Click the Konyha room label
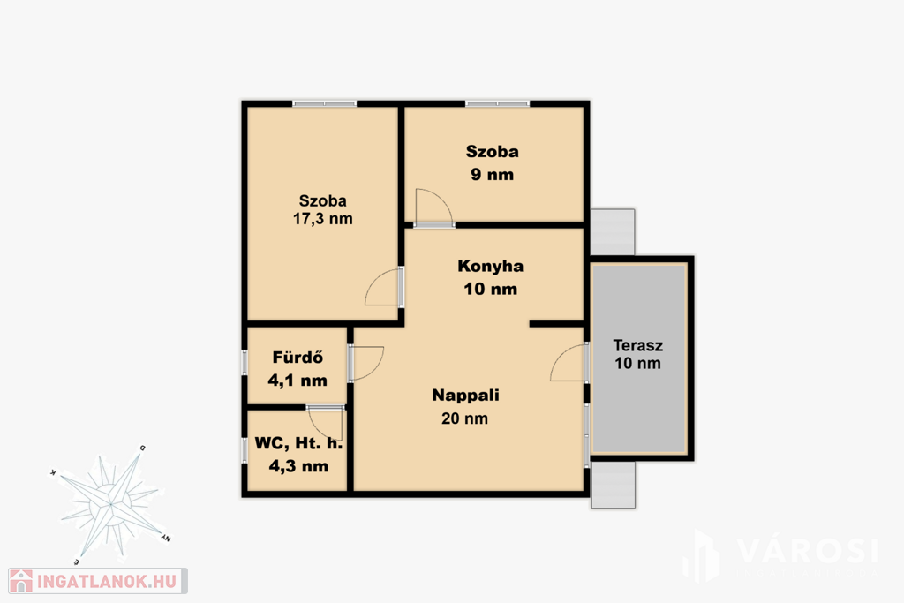tap(491, 267)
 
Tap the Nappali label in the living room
tap(465, 396)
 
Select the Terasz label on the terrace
tap(637, 345)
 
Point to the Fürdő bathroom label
tap(298, 358)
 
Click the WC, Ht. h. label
tap(298, 443)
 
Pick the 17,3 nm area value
tap(323, 219)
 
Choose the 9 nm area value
tap(492, 175)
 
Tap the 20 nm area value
tap(464, 418)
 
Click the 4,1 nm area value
tap(298, 381)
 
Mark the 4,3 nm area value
tap(298, 466)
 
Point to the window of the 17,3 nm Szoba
tap(325, 104)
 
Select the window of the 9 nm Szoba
tap(498, 104)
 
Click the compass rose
tap(110, 505)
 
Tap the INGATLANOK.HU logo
tap(97, 581)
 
